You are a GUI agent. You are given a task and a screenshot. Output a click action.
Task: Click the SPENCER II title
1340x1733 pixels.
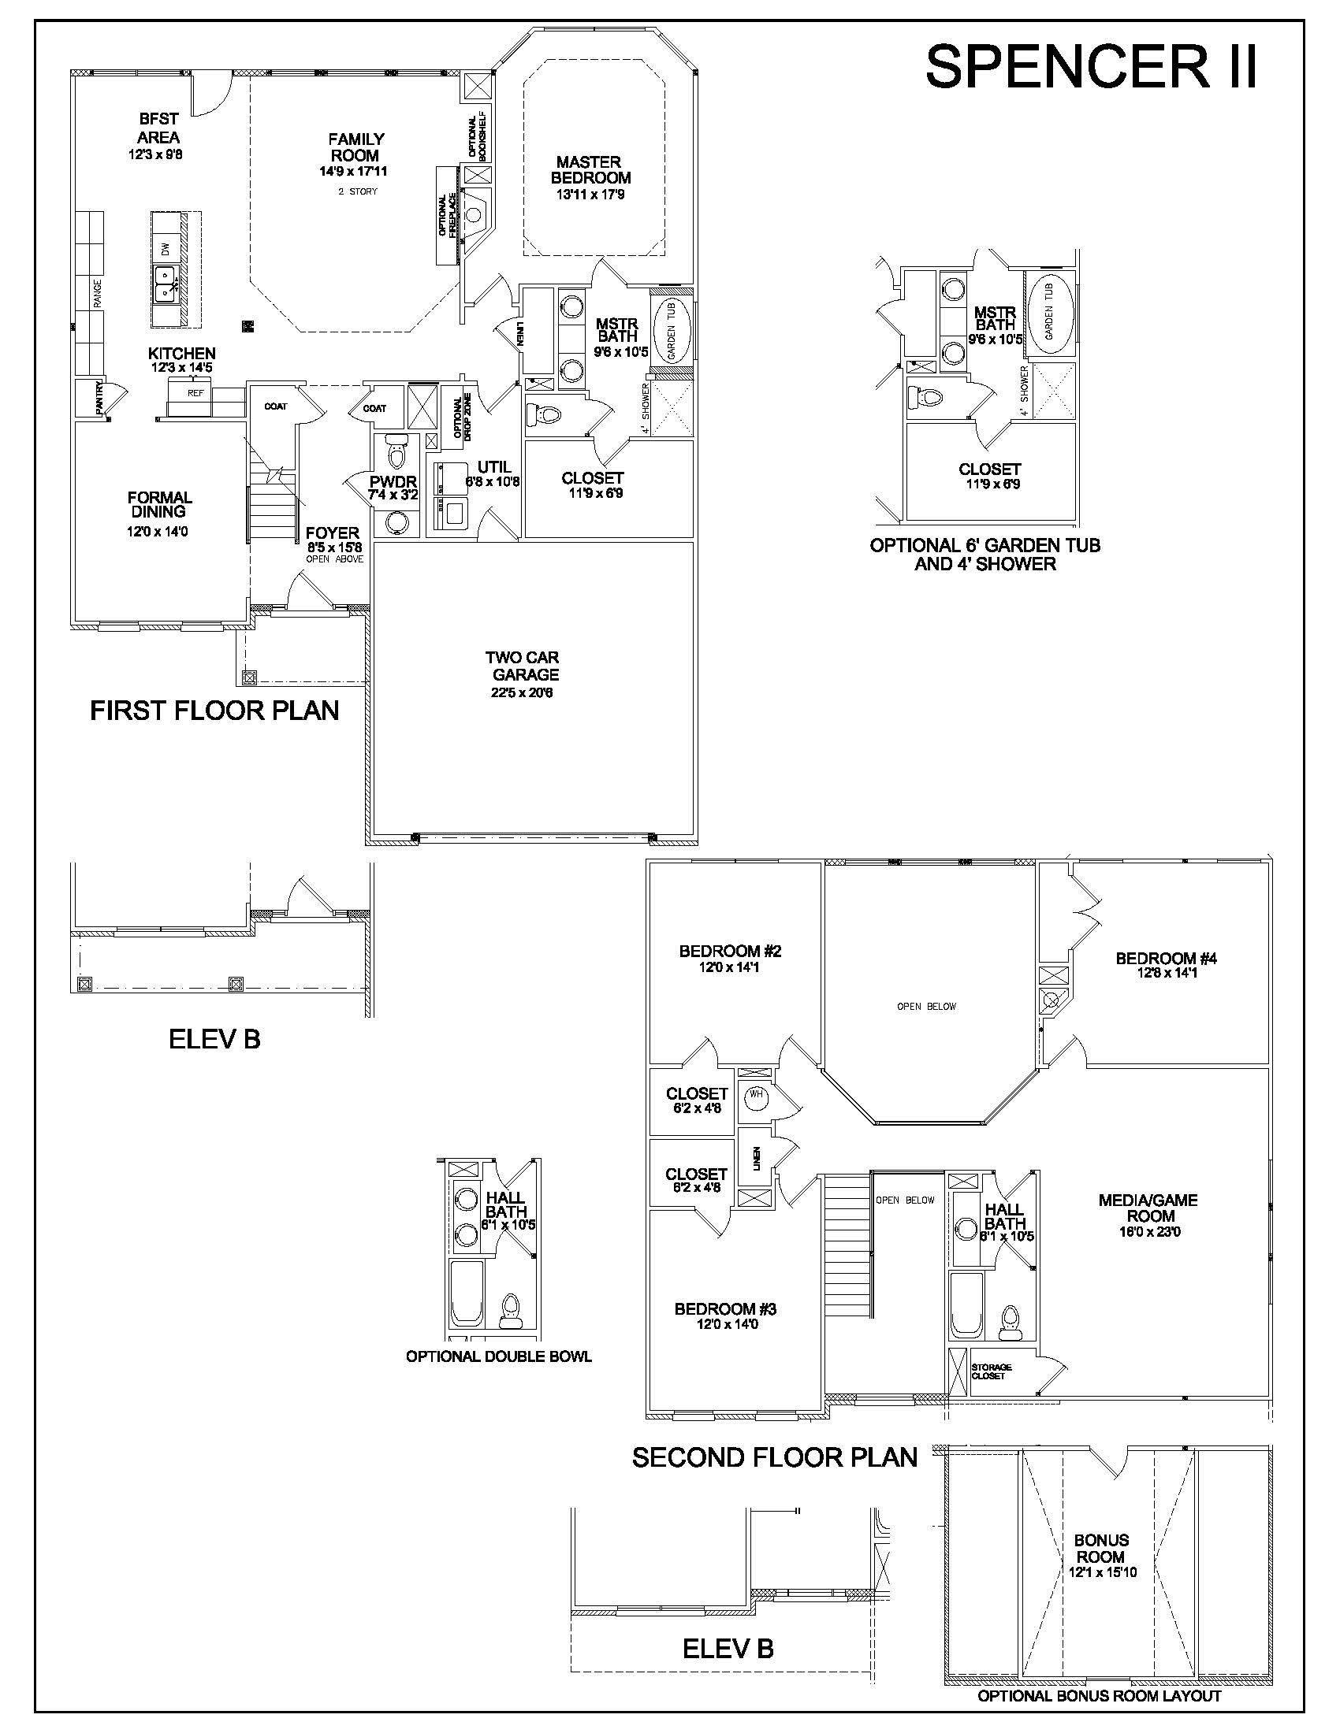[1092, 67]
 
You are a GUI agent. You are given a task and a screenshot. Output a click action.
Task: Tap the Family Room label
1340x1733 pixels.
[355, 147]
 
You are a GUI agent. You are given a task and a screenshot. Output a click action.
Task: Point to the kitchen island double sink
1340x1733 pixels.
[166, 284]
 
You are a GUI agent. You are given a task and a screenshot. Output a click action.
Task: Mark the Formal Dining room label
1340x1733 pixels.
[159, 505]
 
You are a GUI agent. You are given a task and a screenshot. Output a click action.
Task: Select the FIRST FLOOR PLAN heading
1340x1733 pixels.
[214, 711]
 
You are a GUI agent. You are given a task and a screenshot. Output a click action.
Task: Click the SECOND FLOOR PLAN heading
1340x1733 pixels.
[775, 1456]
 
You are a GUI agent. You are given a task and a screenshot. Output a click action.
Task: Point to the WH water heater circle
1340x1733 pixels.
[755, 1094]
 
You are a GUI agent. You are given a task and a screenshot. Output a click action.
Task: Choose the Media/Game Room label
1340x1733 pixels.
[1148, 1208]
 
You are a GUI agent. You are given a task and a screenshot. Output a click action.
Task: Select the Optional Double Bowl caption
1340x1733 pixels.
[498, 1356]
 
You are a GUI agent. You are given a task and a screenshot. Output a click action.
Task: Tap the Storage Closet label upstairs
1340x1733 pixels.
[992, 1371]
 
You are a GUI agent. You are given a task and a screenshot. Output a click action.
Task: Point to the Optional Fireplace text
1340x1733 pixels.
[449, 215]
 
